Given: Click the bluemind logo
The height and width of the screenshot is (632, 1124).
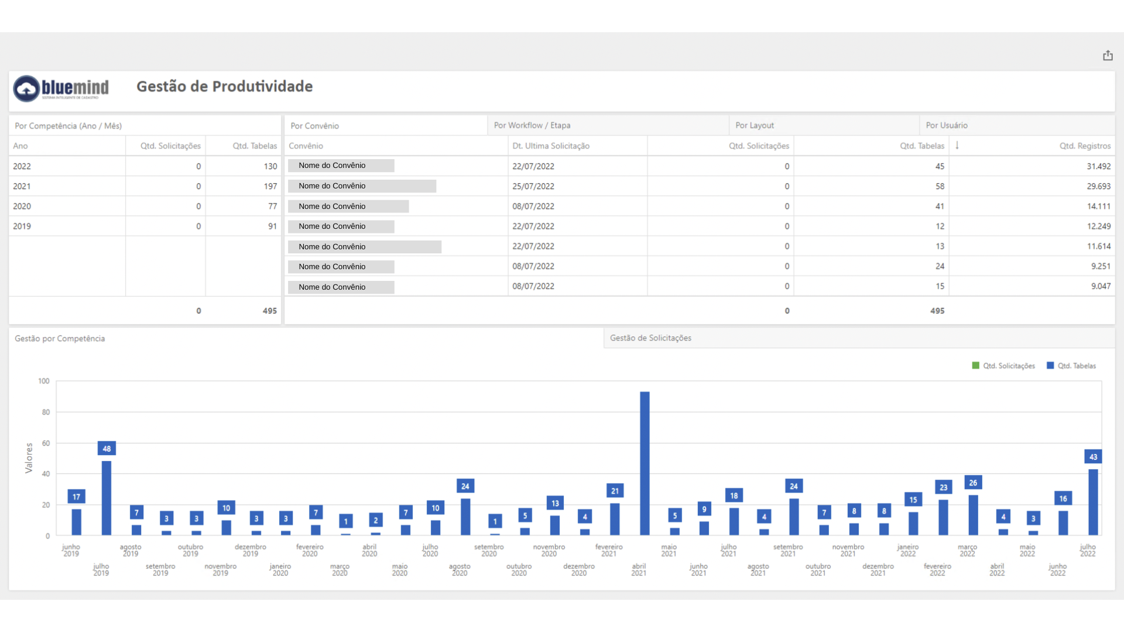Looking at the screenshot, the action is (x=61, y=88).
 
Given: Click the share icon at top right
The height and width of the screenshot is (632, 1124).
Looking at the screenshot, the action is (x=1108, y=56).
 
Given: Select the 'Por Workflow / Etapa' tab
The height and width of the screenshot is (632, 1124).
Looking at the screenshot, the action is (x=532, y=125).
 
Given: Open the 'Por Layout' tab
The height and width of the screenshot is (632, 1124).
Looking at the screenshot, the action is (x=755, y=125).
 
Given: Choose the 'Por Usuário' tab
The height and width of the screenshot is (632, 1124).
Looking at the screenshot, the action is (x=947, y=125).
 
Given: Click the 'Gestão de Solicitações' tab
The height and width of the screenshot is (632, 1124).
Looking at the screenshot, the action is (x=650, y=338).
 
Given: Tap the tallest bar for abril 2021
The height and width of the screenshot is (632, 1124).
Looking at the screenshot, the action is (x=645, y=463).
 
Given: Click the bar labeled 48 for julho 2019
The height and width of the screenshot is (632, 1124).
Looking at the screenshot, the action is (x=107, y=498).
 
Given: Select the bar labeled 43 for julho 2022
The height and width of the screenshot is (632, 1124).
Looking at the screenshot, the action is (x=1093, y=502).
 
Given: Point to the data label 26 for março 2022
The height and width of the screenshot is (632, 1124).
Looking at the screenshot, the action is (x=973, y=483).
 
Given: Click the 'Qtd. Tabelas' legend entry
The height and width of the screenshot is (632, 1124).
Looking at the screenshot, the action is (x=1071, y=366).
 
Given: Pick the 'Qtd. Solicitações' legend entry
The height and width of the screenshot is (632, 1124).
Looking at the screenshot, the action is (x=1003, y=366).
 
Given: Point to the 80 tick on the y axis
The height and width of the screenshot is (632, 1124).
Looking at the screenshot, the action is (x=46, y=412).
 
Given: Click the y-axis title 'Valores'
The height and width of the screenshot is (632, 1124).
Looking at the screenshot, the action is (x=29, y=458).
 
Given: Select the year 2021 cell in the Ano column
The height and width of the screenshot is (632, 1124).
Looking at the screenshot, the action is (x=22, y=186).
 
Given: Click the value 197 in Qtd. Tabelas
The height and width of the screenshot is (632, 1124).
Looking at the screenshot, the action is (x=270, y=186).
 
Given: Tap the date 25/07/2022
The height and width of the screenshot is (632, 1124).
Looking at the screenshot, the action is (x=533, y=186).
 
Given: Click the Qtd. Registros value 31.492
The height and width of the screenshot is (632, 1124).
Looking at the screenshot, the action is (x=1099, y=166).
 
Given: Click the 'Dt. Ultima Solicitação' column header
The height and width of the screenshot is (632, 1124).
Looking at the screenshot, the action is (x=551, y=146).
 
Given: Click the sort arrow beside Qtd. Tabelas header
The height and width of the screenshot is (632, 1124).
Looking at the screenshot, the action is (x=957, y=145).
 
